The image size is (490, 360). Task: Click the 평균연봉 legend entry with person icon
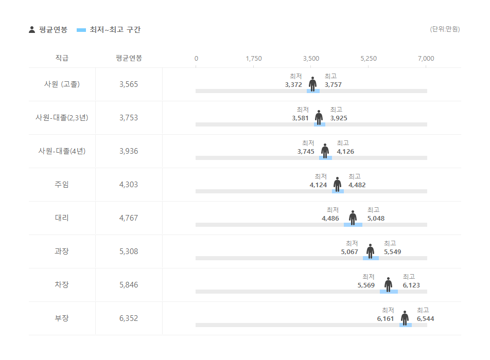coord(48,30)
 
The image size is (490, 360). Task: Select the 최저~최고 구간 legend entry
coord(108,30)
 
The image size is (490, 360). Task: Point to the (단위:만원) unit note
coord(445,29)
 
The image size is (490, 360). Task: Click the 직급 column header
coord(62,58)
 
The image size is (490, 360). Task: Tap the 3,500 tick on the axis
coord(311,59)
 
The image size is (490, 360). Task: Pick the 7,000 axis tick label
coord(426,59)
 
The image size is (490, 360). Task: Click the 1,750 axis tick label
coord(254,59)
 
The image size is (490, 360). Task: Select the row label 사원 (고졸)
coord(62,84)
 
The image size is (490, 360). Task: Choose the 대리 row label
coord(62,218)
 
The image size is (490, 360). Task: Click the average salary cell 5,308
coord(129,251)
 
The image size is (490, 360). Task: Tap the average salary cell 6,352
coord(129,318)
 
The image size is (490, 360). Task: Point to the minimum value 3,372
coord(293,85)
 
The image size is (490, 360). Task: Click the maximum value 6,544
coord(426,319)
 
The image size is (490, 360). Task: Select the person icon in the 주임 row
coord(337,184)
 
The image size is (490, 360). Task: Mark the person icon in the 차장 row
coord(388,284)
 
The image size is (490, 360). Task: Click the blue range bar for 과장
coord(371,258)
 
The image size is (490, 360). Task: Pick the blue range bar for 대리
coord(353,225)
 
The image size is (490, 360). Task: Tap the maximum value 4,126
coord(345,152)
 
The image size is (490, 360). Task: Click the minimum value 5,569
coord(366,285)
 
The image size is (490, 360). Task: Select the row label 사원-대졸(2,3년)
coord(62,118)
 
